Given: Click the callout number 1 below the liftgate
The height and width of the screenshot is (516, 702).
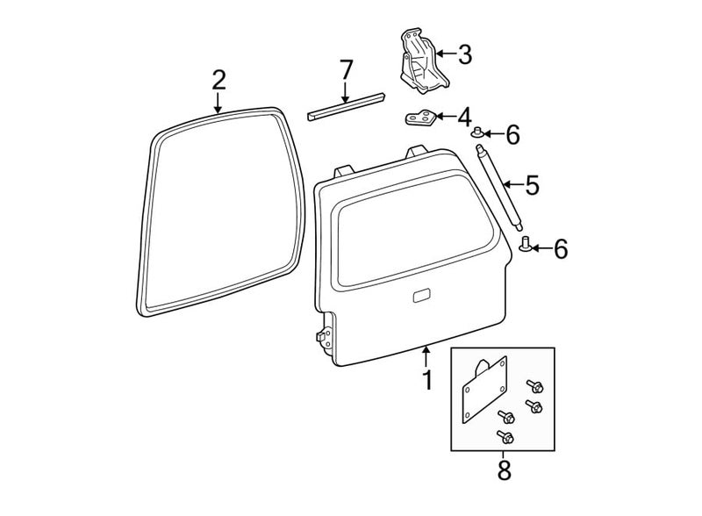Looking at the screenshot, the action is tap(428, 380).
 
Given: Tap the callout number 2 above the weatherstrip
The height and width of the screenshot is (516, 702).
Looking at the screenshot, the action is tap(218, 80).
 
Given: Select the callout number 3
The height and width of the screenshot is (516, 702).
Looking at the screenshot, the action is tap(465, 54).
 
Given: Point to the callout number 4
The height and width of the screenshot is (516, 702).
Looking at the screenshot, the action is tap(465, 117).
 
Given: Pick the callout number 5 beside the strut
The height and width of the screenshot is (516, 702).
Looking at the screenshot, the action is tap(533, 184).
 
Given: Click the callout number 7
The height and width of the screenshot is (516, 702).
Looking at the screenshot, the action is tap(346, 69).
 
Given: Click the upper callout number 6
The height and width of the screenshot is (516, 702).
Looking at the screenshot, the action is tap(512, 134).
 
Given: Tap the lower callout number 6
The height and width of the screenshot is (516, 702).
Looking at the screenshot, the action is tap(561, 248).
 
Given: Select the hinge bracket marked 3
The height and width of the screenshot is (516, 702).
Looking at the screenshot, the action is tap(422, 61).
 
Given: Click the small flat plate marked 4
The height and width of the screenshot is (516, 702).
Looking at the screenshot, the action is tap(422, 118).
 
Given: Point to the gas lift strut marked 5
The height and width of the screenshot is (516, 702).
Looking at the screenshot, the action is tap(499, 187).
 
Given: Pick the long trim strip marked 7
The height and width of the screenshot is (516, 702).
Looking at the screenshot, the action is tap(346, 107).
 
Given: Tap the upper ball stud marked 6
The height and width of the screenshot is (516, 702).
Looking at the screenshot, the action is tap(477, 133).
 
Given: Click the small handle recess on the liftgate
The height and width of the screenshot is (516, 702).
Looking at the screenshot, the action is tap(421, 296).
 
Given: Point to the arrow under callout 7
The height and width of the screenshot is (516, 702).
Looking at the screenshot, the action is tap(345, 93).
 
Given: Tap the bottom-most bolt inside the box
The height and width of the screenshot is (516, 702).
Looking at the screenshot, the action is tap(505, 437).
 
